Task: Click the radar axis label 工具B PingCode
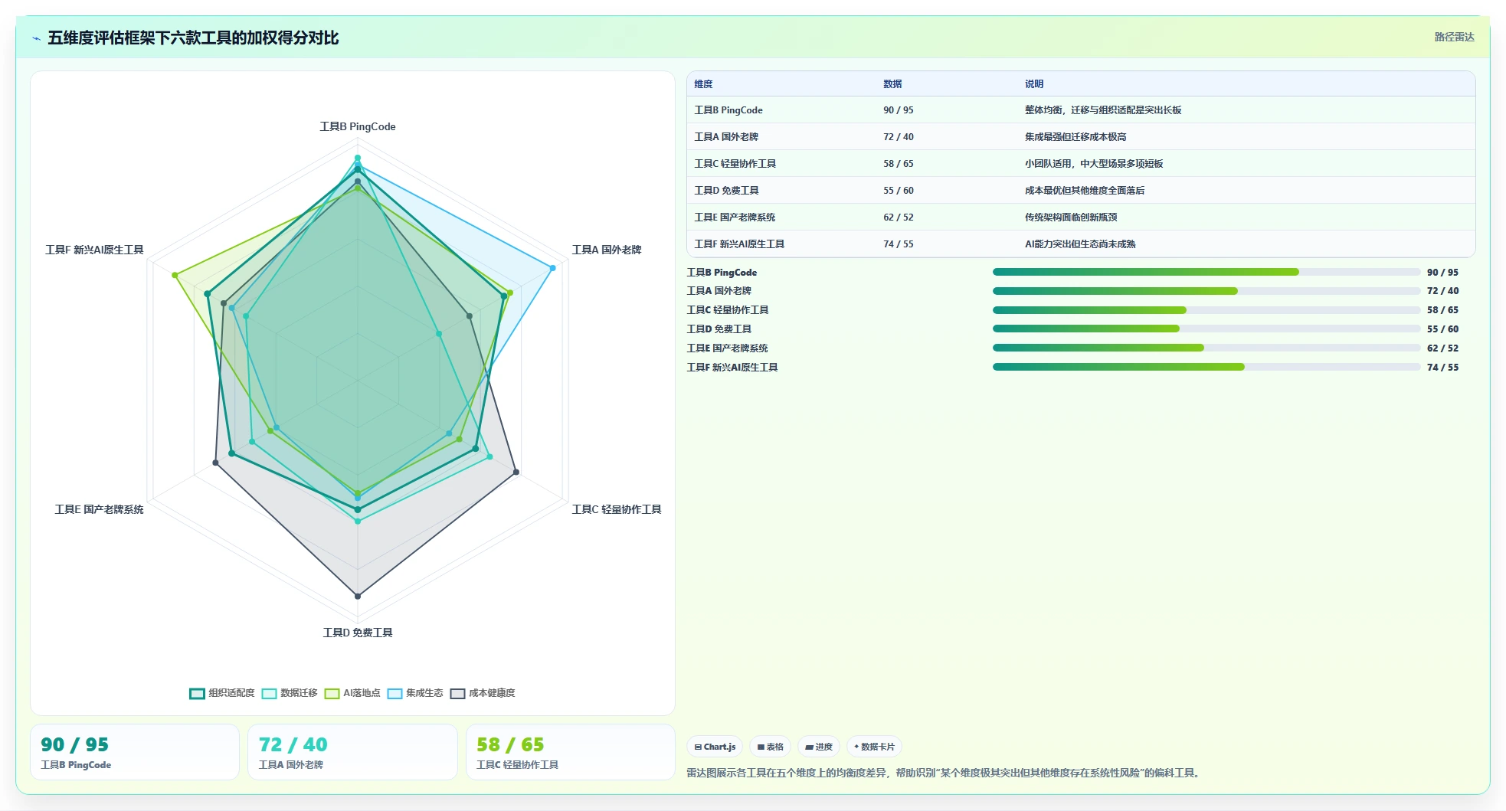coord(358,126)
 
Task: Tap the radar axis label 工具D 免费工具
coord(358,633)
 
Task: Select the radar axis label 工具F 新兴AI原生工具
coord(94,250)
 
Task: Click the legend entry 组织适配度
coord(222,693)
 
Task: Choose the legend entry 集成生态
coord(415,693)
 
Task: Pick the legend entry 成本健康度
coord(483,693)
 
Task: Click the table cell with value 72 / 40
coord(899,137)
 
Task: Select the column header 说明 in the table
coord(1034,84)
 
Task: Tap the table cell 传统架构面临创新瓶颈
coord(1071,217)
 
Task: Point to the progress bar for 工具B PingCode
coord(1206,272)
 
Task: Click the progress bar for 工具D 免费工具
coord(1206,329)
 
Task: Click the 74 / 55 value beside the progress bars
coord(1442,368)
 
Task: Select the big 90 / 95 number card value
coord(74,744)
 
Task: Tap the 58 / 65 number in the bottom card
coord(510,744)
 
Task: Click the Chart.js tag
coord(715,747)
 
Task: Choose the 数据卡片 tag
coord(874,747)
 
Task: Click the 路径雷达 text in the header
coord(1454,37)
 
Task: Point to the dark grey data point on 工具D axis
coord(358,596)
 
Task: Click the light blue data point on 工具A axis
coord(552,268)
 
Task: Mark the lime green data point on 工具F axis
coord(175,275)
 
